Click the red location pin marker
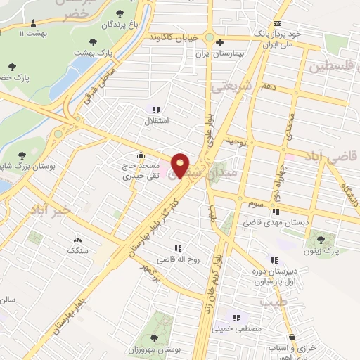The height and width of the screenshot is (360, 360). [x=180, y=165]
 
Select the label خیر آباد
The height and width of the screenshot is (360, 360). [x=51, y=210]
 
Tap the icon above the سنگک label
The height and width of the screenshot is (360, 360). [x=76, y=239]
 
